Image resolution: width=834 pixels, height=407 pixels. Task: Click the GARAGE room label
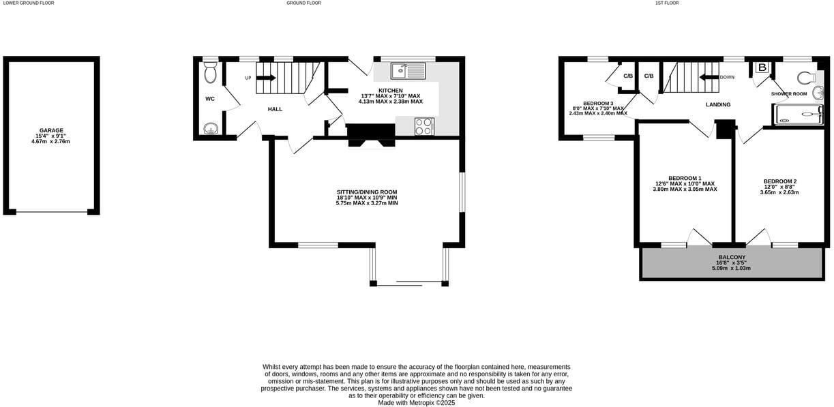(51, 130)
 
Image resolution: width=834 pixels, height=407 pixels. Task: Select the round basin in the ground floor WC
(211, 127)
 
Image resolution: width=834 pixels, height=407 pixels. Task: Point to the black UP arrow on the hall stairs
(266, 78)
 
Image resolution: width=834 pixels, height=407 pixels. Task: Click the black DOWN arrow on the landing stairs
(707, 77)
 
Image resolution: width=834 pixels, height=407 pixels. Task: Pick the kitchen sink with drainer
(408, 70)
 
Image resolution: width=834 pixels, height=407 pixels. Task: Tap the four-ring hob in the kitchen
(424, 126)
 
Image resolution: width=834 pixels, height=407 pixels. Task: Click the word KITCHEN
(391, 90)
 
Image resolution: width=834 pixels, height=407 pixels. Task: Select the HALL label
(275, 109)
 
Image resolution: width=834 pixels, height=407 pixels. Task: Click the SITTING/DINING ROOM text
(367, 192)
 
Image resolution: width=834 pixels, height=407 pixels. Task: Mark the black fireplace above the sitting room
(371, 134)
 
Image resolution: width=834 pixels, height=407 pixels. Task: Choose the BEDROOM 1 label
(685, 177)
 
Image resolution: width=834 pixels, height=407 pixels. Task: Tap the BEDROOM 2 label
(779, 181)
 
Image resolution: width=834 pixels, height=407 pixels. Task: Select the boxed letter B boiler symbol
(762, 67)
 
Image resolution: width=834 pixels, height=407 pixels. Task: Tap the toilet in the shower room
(806, 76)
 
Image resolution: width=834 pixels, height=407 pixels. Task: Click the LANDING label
(718, 104)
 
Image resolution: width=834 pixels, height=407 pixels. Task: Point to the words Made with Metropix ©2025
(416, 403)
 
